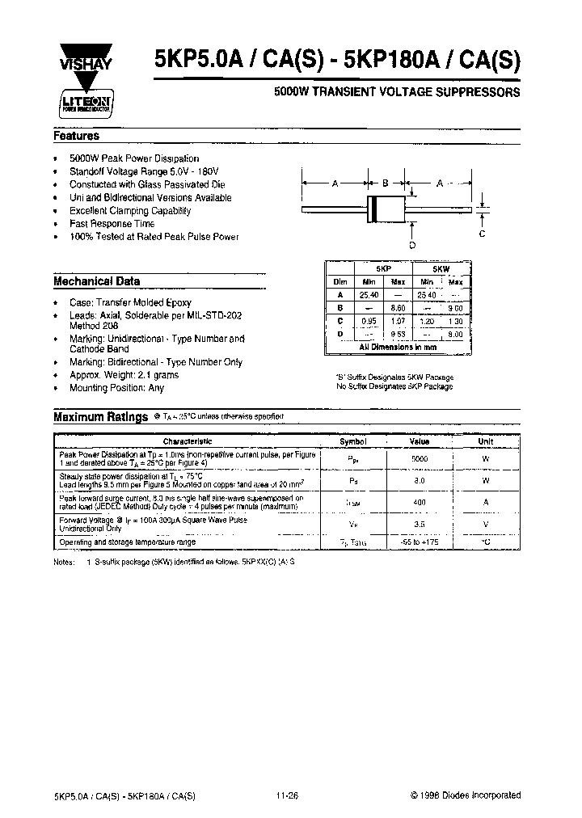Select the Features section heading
point(76,137)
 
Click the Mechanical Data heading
point(96,281)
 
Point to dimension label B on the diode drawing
point(386,183)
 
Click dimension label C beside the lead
point(482,234)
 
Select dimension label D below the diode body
point(412,244)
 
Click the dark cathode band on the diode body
point(373,209)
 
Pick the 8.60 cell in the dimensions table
point(397,308)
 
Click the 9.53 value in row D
point(397,333)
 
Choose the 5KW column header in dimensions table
point(441,268)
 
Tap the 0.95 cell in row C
point(369,321)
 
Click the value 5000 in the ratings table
point(420,458)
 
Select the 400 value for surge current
point(420,502)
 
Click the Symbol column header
point(352,442)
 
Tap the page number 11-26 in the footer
point(288,795)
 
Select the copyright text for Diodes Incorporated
point(464,795)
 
